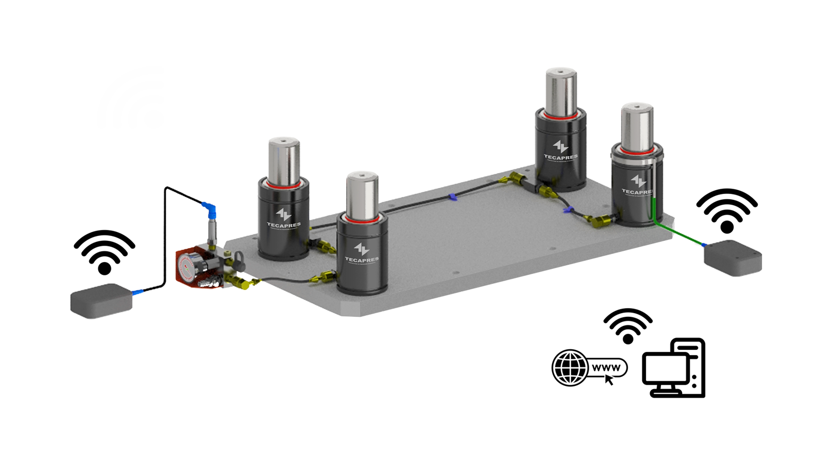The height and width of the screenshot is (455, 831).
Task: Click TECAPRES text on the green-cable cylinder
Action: coord(637,192)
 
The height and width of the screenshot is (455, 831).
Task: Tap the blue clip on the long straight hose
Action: coord(452,198)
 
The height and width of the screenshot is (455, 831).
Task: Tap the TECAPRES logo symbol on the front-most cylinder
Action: coord(361,249)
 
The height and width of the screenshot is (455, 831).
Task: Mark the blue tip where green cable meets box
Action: coord(703,245)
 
